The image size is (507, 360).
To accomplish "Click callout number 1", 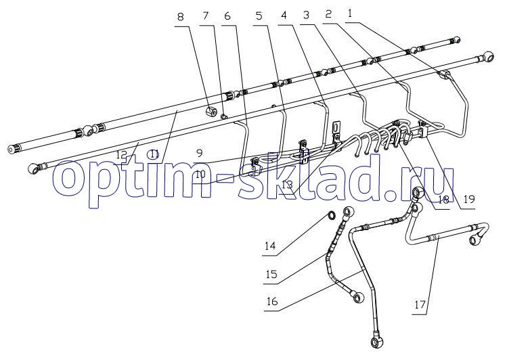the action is [349, 14].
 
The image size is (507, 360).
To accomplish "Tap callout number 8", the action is [181, 16].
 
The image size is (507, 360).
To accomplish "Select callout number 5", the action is [259, 15].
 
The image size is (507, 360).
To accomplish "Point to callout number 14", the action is [270, 246].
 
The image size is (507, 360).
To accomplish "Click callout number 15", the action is [271, 274].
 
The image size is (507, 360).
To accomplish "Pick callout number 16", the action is [272, 301].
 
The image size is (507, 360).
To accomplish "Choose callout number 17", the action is [420, 304].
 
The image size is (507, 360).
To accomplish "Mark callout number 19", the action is [469, 199].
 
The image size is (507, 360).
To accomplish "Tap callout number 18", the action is [443, 200].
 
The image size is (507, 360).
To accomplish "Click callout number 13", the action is [287, 185].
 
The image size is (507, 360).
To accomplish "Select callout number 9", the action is [199, 152].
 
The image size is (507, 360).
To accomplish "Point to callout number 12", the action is [122, 154].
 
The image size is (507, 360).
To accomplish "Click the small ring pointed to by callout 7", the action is [223, 115].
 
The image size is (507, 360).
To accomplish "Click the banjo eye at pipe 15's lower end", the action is [357, 296].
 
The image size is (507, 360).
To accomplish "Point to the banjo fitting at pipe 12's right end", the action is [487, 56].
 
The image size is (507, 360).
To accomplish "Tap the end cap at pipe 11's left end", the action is [14, 150].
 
